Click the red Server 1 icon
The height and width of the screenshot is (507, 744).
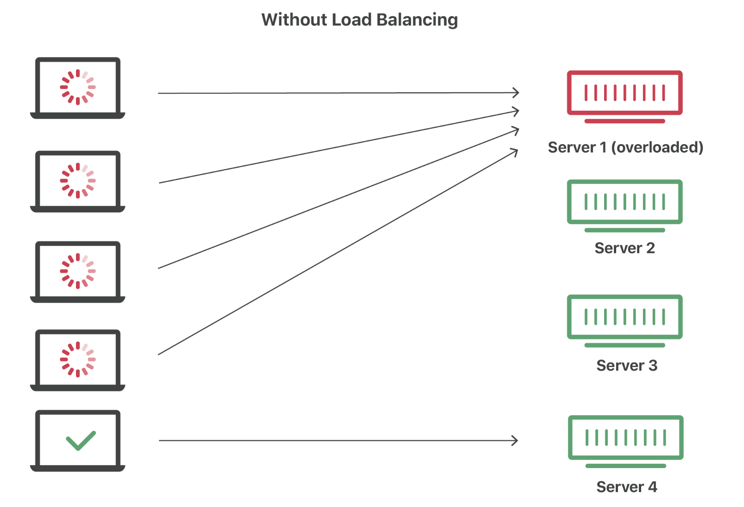click(624, 93)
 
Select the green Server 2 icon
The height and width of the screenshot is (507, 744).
click(624, 202)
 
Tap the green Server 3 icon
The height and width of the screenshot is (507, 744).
click(624, 317)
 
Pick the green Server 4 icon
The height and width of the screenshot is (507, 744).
click(625, 437)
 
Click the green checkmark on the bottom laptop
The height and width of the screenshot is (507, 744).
click(81, 440)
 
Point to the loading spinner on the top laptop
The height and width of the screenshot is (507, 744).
click(78, 87)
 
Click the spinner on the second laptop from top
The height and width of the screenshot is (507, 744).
click(78, 181)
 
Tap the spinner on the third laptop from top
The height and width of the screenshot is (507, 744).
click(78, 271)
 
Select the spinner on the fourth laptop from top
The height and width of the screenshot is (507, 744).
click(78, 360)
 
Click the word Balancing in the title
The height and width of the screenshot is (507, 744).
click(417, 20)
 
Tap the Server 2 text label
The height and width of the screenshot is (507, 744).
click(624, 248)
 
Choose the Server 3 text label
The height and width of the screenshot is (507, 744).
click(626, 366)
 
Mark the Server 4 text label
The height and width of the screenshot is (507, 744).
click(626, 487)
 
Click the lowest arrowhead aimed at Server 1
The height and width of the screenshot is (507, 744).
click(515, 152)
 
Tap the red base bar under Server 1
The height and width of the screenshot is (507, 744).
click(624, 121)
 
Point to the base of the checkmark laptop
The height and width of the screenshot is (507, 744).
click(78, 468)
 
